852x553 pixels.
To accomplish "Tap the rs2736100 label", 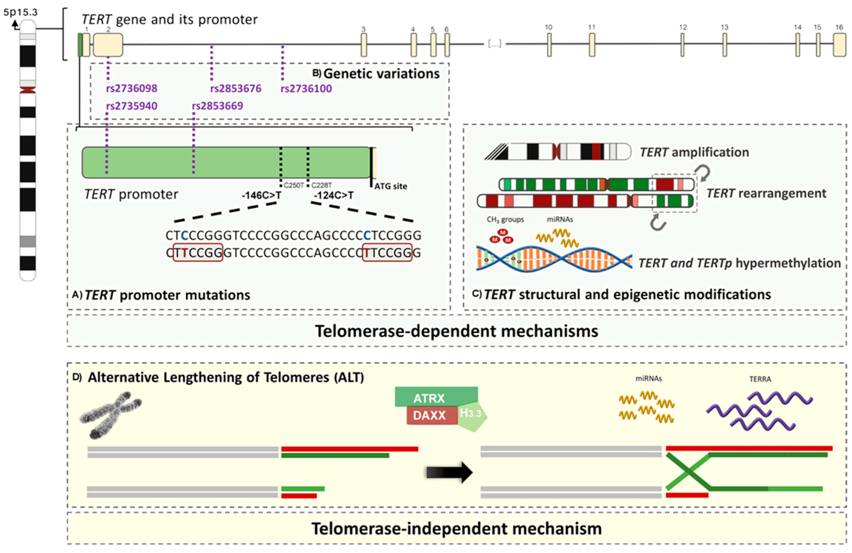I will pos(306,88).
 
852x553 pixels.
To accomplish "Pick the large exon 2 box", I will pos(108,45).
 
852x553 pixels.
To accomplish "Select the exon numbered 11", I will pos(592,45).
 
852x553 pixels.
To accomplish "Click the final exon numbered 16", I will pos(839,45).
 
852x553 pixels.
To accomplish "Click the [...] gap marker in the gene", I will pos(494,44).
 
